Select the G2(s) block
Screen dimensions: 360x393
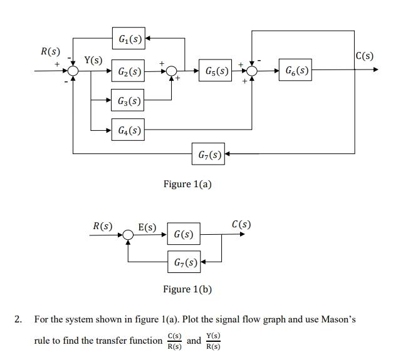(128, 71)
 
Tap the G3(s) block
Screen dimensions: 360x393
(128, 100)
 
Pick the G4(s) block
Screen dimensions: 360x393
(128, 130)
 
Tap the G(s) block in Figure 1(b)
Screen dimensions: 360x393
(184, 234)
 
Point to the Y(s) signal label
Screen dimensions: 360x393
(94, 60)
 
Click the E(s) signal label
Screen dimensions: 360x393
(147, 227)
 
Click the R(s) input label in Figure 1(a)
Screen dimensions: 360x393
(50, 51)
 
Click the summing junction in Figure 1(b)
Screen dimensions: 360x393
(128, 235)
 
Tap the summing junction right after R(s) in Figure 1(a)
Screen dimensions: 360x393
(74, 71)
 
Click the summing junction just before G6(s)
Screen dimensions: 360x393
(252, 71)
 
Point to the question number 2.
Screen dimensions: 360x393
(18, 319)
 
